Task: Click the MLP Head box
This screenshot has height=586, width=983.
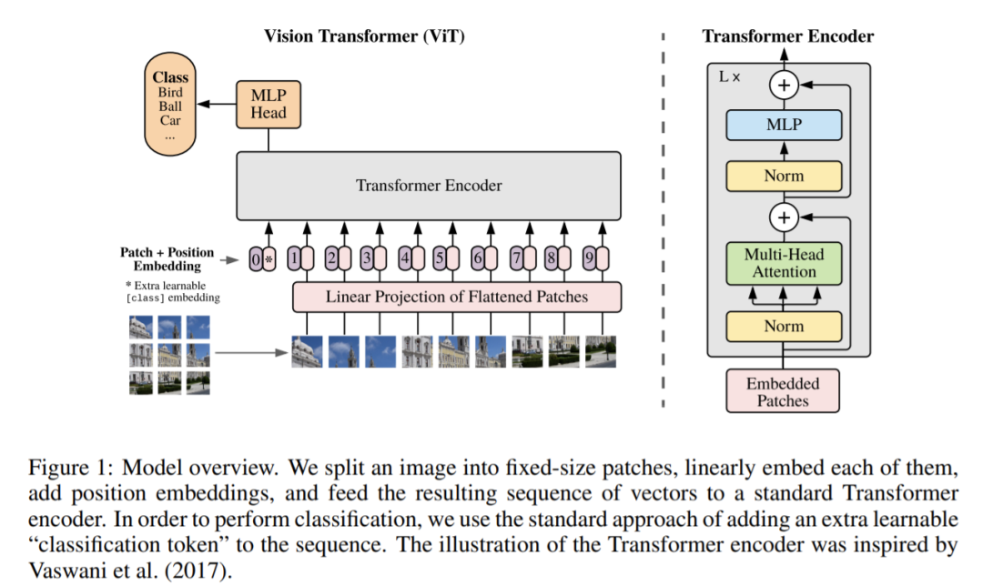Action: point(268,104)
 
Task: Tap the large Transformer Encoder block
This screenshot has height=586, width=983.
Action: point(429,186)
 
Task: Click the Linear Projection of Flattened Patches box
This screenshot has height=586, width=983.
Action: point(456,297)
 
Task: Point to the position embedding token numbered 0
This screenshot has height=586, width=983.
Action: point(255,258)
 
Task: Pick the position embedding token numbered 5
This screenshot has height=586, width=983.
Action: point(439,258)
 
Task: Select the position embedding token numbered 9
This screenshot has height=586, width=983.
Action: point(589,258)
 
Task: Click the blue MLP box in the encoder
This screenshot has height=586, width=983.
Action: point(784,125)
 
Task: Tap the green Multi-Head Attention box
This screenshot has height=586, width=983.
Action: point(784,263)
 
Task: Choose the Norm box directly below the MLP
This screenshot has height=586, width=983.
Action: point(784,176)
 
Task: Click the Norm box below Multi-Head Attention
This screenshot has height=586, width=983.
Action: point(784,326)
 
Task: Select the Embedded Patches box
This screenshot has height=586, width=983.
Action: point(783,391)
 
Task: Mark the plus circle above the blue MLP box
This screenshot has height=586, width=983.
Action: point(784,86)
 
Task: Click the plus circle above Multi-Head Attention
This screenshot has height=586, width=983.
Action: point(784,218)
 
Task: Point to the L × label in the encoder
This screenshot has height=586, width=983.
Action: point(730,77)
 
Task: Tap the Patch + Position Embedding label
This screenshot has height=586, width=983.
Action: point(167,258)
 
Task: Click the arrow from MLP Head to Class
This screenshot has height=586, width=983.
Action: point(215,104)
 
